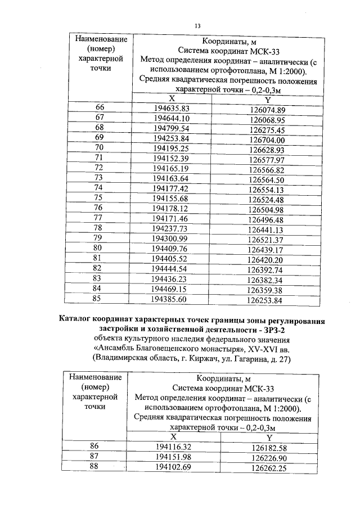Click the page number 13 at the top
(x=197, y=25)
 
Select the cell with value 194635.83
(x=171, y=109)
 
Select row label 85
(x=98, y=299)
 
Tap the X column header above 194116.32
(x=173, y=436)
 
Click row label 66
(x=100, y=107)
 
